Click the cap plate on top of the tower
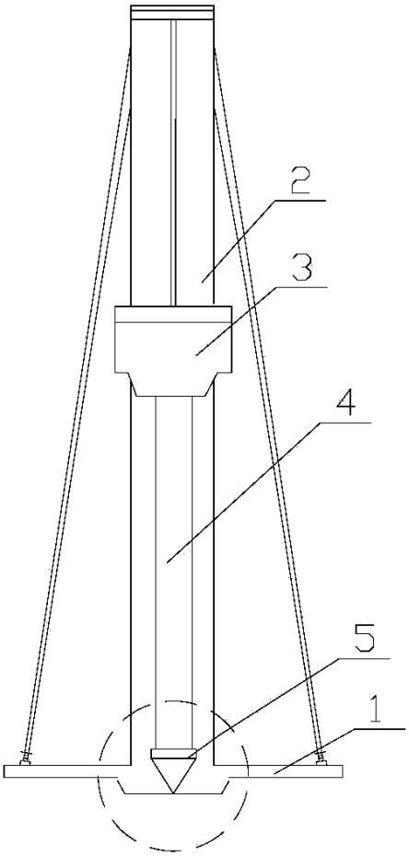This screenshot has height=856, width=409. [x=172, y=13]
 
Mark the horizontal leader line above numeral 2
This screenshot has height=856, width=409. [x=298, y=202]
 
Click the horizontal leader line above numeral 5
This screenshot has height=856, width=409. [x=364, y=659]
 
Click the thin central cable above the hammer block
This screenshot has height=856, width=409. [x=174, y=163]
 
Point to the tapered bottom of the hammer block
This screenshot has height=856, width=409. [x=172, y=385]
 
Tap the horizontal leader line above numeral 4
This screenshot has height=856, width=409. [x=344, y=422]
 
